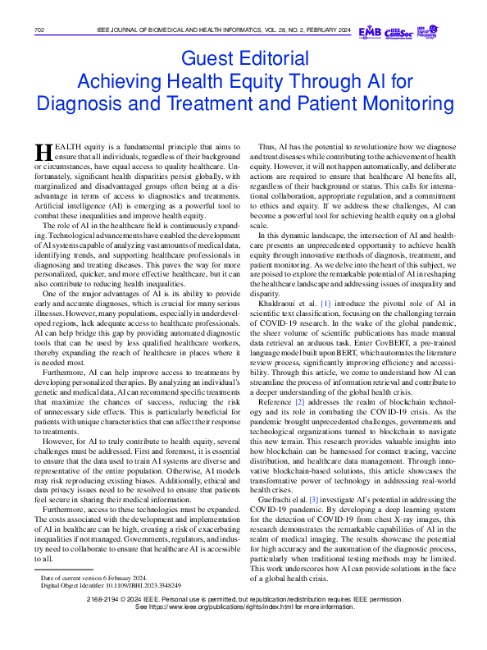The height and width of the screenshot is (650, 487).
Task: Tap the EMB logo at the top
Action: (x=370, y=31)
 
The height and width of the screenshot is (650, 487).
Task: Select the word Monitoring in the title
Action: (x=407, y=104)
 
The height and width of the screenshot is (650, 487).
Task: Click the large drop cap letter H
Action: (x=42, y=153)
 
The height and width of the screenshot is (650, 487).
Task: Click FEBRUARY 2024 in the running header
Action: (x=332, y=31)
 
